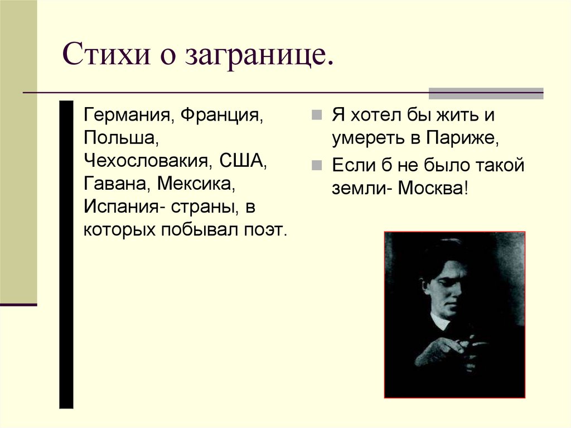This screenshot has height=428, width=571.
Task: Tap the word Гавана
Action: (117, 184)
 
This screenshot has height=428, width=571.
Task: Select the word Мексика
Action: (197, 184)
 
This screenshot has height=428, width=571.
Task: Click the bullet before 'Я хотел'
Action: (316, 116)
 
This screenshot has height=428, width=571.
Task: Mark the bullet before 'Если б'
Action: (316, 165)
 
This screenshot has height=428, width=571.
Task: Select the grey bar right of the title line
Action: (486, 93)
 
